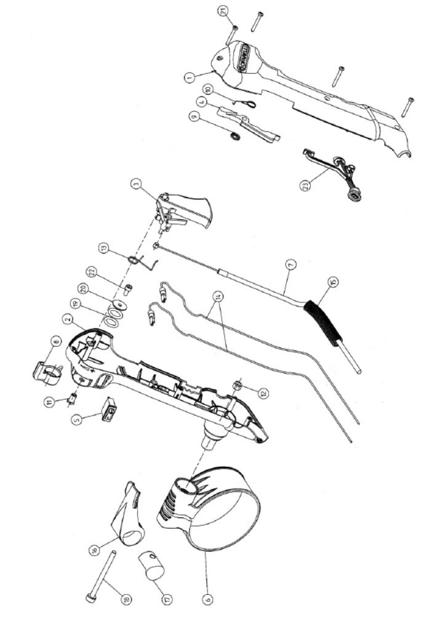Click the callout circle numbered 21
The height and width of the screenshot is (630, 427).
[x=223, y=11]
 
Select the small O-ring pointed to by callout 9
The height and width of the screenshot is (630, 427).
[x=235, y=135]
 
